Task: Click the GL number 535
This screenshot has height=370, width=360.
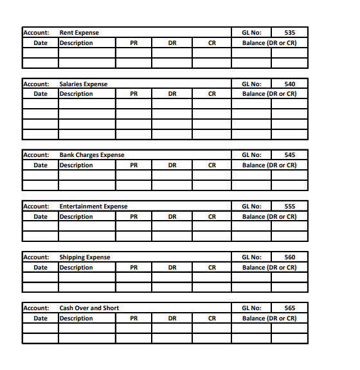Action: point(289,33)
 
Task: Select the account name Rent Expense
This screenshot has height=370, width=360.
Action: point(79,33)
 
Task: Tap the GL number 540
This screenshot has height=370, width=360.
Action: point(289,84)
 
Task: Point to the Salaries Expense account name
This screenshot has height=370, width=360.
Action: point(84,84)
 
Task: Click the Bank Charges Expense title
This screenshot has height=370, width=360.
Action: point(92,155)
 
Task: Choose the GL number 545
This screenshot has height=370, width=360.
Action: point(289,155)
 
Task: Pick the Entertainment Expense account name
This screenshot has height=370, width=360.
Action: point(93,207)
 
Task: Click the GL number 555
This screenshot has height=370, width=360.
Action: point(289,207)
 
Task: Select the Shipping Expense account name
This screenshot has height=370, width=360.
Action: point(85,257)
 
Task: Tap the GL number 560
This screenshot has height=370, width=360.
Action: point(289,257)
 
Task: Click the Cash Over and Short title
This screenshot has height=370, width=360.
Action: point(89,308)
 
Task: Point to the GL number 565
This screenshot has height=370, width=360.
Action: point(289,308)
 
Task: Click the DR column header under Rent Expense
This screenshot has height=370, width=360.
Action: point(172,43)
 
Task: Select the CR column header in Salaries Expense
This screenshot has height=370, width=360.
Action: point(212,94)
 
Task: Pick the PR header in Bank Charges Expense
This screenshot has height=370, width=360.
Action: point(133,165)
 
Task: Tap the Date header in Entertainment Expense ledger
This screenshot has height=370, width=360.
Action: point(40,217)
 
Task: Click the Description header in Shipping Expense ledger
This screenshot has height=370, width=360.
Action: point(76,268)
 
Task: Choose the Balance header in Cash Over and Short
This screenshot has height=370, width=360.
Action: point(269,319)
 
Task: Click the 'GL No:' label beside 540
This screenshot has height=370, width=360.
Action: point(251,84)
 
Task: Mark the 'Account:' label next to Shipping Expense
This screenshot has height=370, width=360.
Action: point(36,257)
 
